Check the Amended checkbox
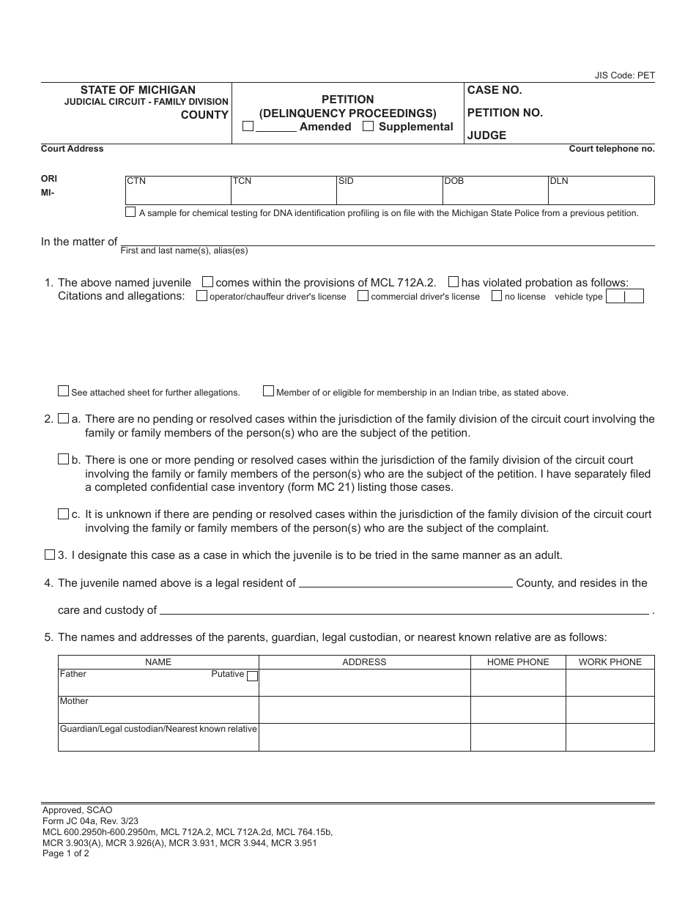tap(248, 127)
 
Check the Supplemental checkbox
tap(369, 127)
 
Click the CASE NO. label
tap(495, 90)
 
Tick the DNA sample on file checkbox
tap(130, 212)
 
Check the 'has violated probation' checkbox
tap(453, 282)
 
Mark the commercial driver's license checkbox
tap(363, 296)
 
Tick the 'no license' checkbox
tap(497, 296)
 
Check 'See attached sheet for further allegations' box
tap(63, 391)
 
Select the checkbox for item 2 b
tap(63, 459)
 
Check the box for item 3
tap(50, 555)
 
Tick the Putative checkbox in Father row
tap(252, 676)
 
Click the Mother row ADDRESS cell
tap(364, 710)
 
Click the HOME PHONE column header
tap(518, 662)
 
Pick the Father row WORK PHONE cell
tap(610, 683)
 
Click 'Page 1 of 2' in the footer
tap(66, 853)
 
